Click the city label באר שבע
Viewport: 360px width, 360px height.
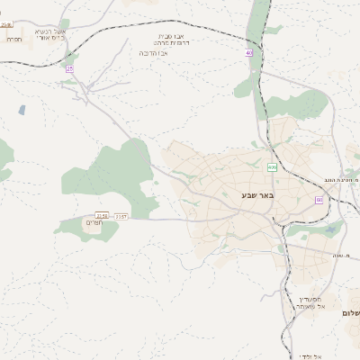coord(256,194)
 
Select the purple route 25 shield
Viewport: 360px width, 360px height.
coord(68,68)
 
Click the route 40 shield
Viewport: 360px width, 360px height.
coord(249,53)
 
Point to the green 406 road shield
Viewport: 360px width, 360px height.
coord(271,167)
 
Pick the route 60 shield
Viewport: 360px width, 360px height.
coord(319,200)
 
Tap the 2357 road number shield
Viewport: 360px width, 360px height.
coord(121,216)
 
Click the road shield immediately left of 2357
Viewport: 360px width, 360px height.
coord(102,216)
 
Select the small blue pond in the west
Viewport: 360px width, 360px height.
coord(21,110)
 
